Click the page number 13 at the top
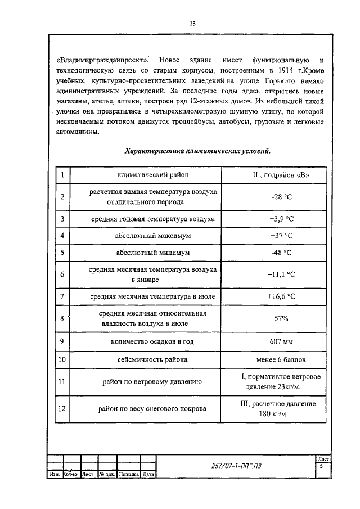click(x=192, y=24)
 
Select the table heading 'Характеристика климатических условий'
click(x=197, y=151)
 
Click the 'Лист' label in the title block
click(x=323, y=460)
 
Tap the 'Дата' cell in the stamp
click(x=148, y=474)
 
